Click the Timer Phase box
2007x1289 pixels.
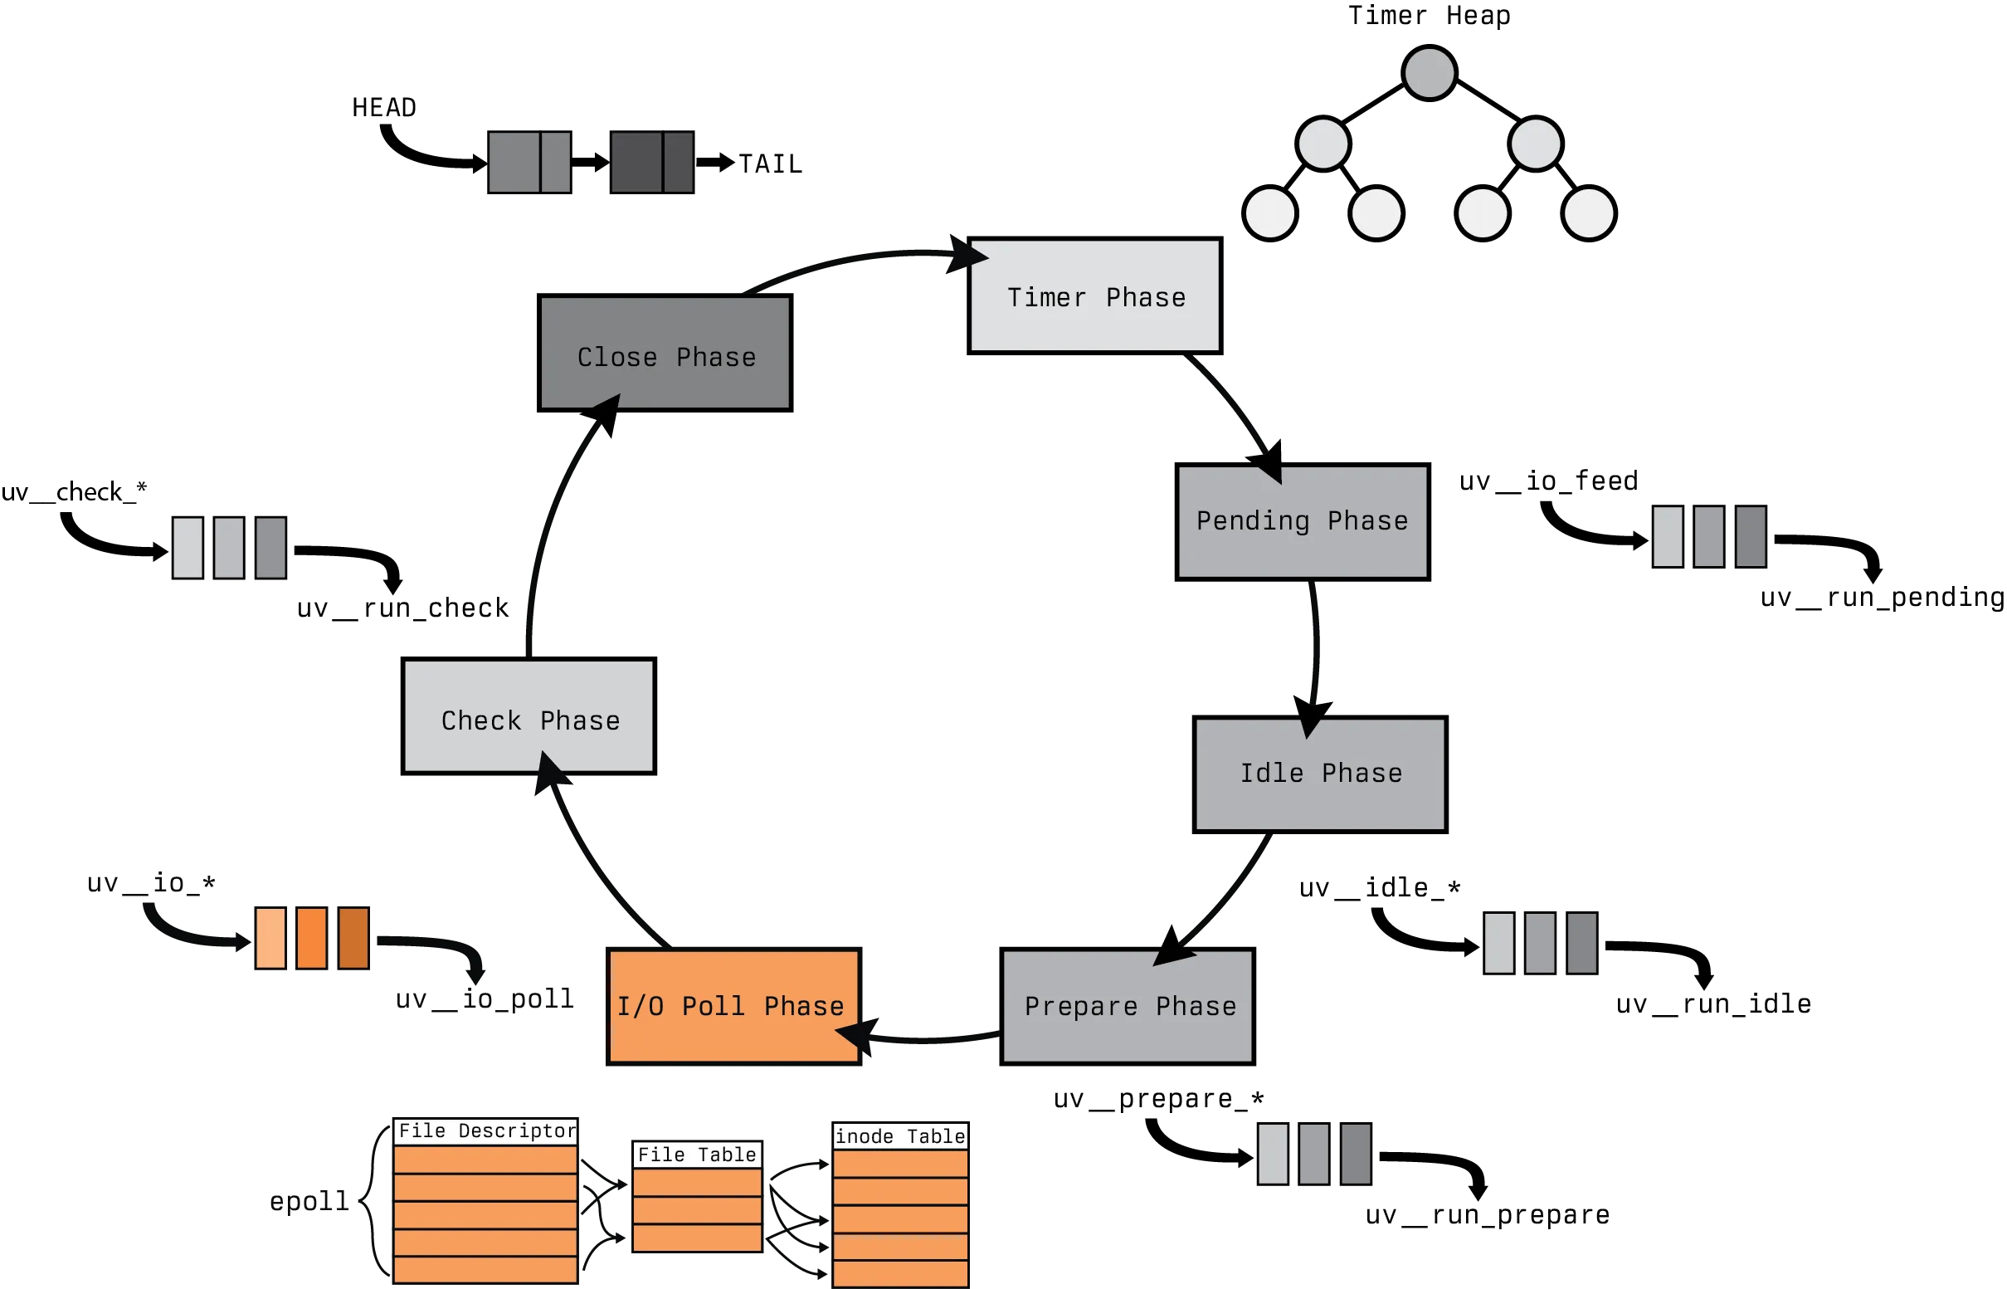[1094, 296]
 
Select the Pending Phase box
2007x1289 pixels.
[1300, 520]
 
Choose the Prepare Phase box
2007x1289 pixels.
[1128, 1006]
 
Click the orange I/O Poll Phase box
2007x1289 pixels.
[732, 1006]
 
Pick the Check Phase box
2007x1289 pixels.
[530, 714]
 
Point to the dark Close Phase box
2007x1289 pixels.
[664, 355]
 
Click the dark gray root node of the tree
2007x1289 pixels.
[1429, 73]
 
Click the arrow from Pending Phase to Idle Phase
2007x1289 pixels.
[1313, 644]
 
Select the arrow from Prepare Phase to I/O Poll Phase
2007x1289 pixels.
[928, 1040]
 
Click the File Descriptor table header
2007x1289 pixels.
[487, 1130]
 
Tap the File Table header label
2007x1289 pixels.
[697, 1155]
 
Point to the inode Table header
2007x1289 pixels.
[900, 1135]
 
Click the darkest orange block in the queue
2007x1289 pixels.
[353, 939]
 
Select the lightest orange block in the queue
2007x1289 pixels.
[270, 939]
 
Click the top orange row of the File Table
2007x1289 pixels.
[697, 1182]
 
